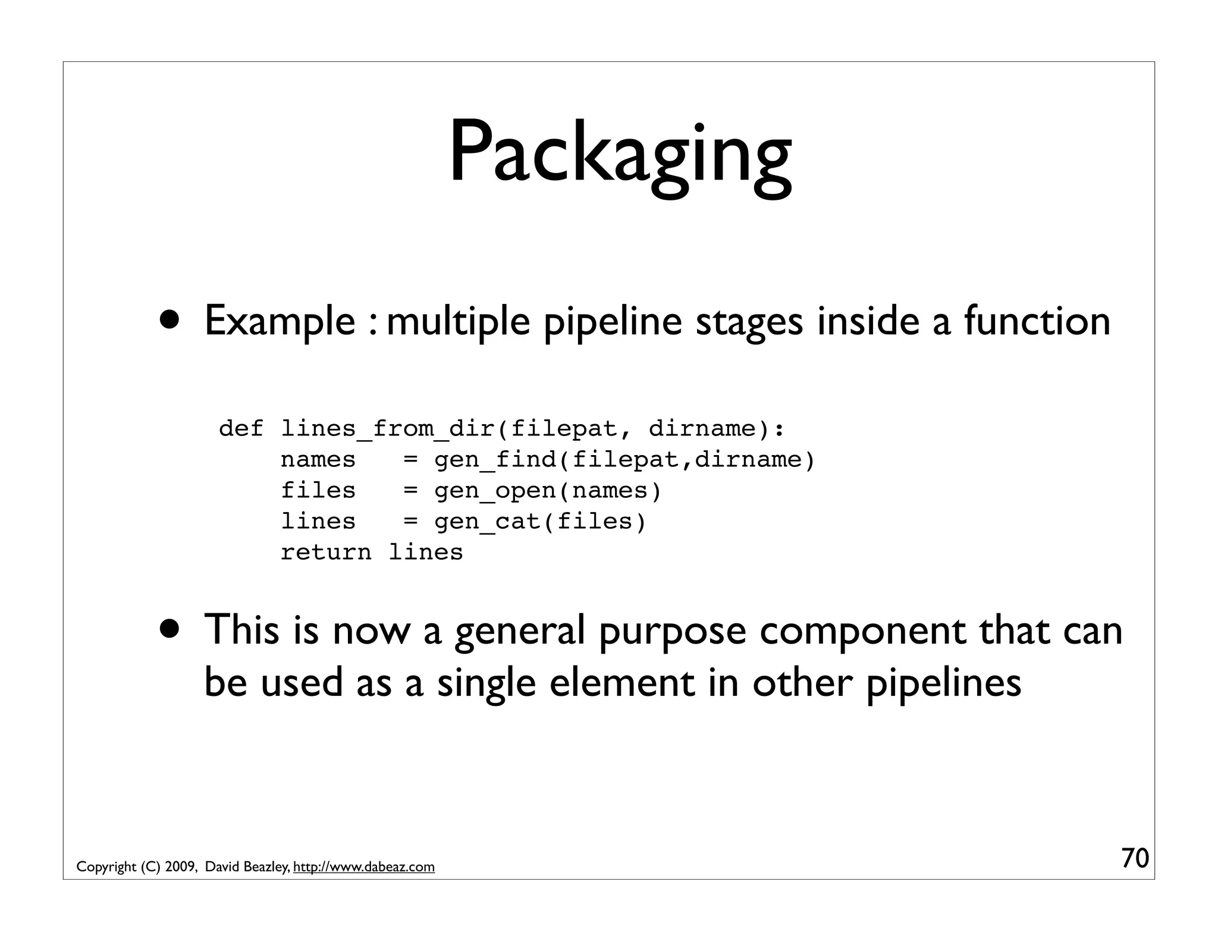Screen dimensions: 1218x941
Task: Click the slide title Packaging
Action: pyautogui.click(x=620, y=153)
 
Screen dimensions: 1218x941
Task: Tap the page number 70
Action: pyautogui.click(x=1135, y=858)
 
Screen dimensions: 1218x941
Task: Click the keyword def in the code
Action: pyautogui.click(x=241, y=428)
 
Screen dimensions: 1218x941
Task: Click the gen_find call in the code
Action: pyautogui.click(x=495, y=459)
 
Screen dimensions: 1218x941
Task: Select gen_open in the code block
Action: pyautogui.click(x=495, y=491)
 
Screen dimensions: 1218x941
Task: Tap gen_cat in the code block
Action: pyautogui.click(x=487, y=522)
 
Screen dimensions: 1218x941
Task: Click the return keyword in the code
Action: pyautogui.click(x=326, y=553)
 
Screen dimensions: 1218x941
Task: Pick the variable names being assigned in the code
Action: pyautogui.click(x=318, y=459)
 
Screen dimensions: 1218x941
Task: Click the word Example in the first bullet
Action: pyautogui.click(x=280, y=321)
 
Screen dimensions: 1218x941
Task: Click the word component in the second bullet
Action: pyautogui.click(x=862, y=631)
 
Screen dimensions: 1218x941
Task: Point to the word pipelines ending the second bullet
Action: pyautogui.click(x=943, y=683)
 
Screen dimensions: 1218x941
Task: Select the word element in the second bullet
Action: pyautogui.click(x=622, y=682)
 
